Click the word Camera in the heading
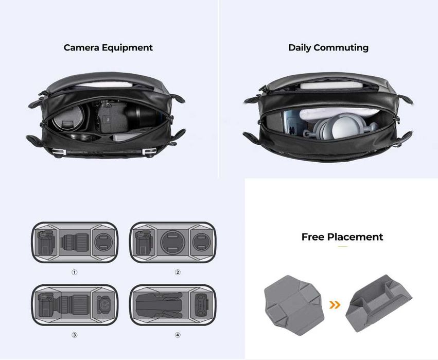(81, 47)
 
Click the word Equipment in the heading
(127, 48)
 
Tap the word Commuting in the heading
(341, 48)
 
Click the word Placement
(355, 237)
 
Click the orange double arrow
(335, 305)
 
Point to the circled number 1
(74, 272)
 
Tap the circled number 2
(178, 272)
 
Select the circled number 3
(74, 335)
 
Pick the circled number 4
(178, 335)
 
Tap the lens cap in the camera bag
(68, 119)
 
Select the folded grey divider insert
(378, 304)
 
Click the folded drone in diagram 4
(159, 305)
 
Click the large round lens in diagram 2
(173, 242)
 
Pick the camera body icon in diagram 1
(46, 243)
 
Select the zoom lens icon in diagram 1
(75, 242)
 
